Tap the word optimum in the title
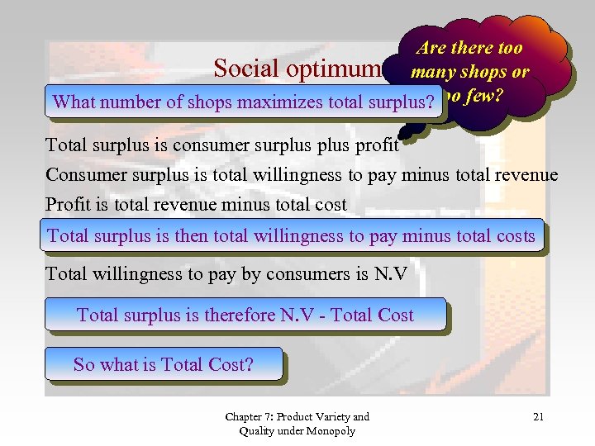pyautogui.click(x=335, y=69)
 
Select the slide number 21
pyautogui.click(x=539, y=417)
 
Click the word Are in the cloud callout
pyautogui.click(x=434, y=49)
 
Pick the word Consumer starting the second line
pyautogui.click(x=83, y=175)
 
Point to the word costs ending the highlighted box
pyautogui.click(x=514, y=236)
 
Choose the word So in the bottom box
pyautogui.click(x=84, y=364)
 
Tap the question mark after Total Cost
pyautogui.click(x=249, y=364)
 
